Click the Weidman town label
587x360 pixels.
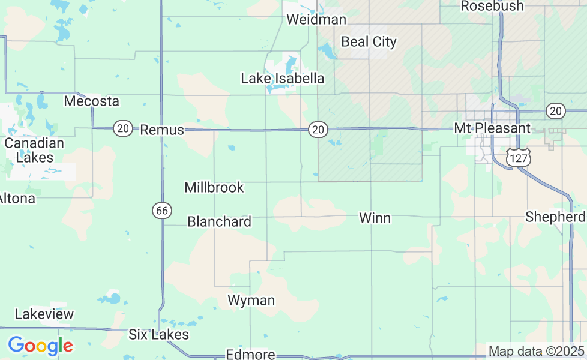[x=316, y=20]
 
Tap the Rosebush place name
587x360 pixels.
[x=492, y=6]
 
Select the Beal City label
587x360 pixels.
[x=369, y=42]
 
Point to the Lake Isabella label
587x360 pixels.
[x=283, y=79]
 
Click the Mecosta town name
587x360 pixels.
[x=92, y=101]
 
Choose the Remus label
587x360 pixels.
[x=162, y=130]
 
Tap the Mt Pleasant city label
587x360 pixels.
[x=492, y=128]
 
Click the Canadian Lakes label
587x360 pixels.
[x=34, y=151]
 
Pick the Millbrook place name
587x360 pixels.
[x=214, y=188]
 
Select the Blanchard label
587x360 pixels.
[x=220, y=222]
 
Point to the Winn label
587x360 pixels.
[x=375, y=218]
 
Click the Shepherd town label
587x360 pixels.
[x=555, y=217]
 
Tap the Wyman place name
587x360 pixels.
[x=251, y=301]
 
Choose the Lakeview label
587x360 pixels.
[x=44, y=314]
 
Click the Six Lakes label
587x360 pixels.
[x=159, y=335]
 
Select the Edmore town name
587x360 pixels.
[x=250, y=355]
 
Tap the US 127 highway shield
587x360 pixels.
[x=516, y=157]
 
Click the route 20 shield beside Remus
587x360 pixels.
[x=123, y=128]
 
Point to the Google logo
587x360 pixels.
[x=40, y=346]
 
